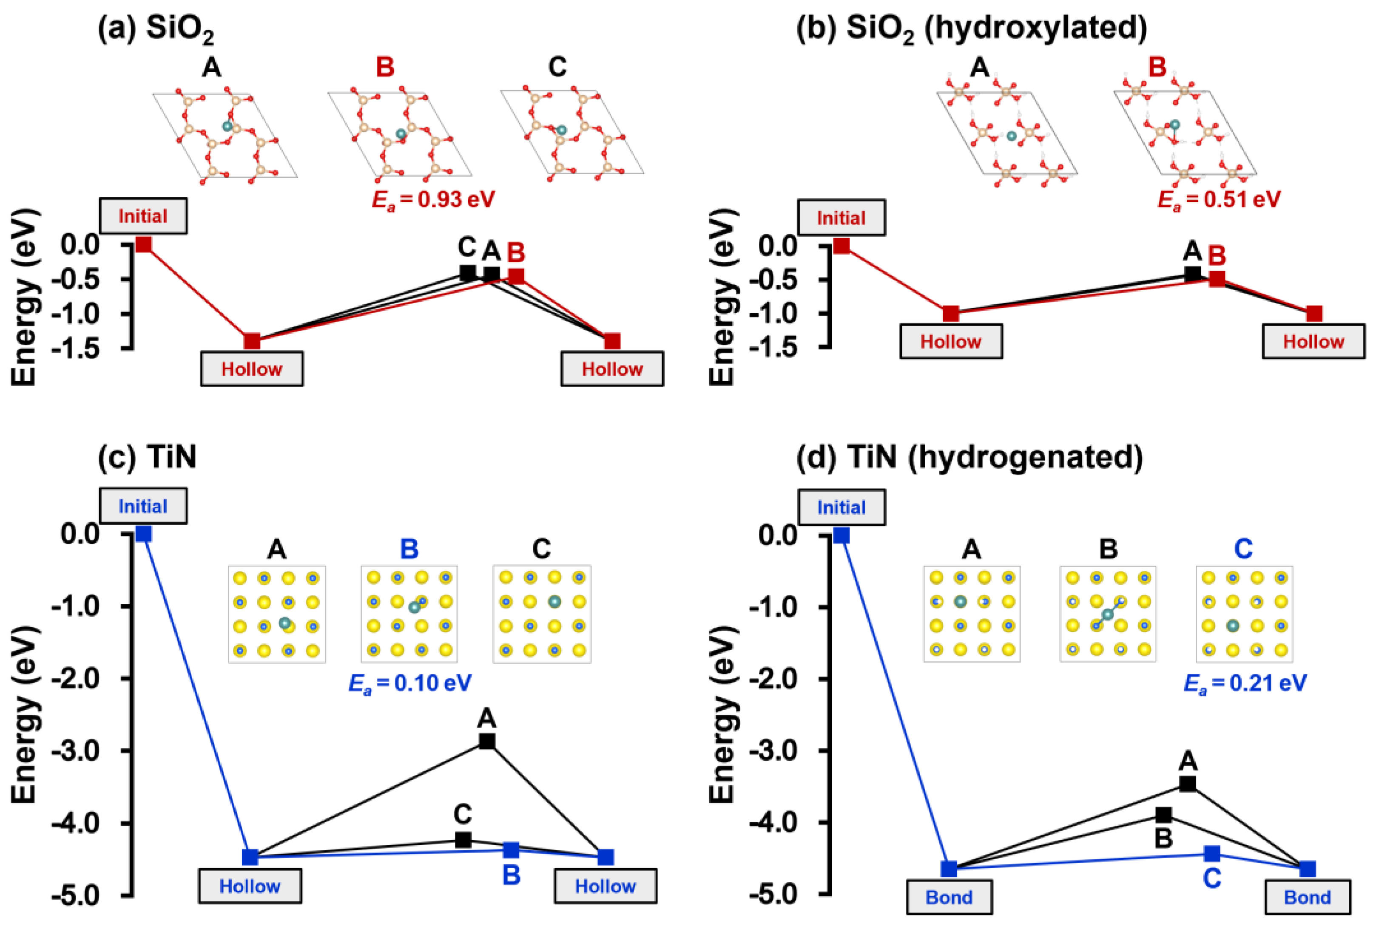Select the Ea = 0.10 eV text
[x=410, y=684]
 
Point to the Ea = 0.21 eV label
[x=1245, y=684]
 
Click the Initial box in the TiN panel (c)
[x=143, y=506]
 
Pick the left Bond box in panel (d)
[x=949, y=897]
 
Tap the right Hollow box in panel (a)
[x=612, y=369]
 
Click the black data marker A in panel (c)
[x=487, y=741]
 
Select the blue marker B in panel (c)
[x=511, y=850]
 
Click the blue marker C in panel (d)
[x=1212, y=853]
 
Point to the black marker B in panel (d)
[x=1164, y=815]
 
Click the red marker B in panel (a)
[x=516, y=276]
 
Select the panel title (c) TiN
[x=147, y=456]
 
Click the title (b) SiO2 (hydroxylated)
[x=971, y=28]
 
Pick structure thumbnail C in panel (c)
[x=542, y=614]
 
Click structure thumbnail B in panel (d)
[x=1108, y=614]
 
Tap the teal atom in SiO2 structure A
[x=227, y=126]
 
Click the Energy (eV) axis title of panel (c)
[x=25, y=714]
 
